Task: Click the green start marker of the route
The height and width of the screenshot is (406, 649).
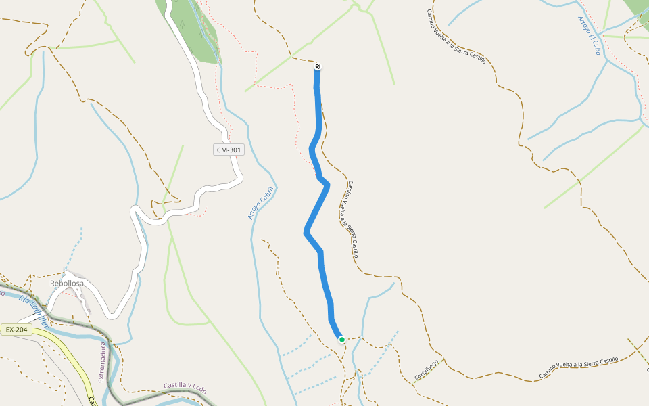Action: tap(342, 340)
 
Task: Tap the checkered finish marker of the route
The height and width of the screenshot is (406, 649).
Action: tap(318, 66)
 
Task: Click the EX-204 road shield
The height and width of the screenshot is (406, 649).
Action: tap(16, 330)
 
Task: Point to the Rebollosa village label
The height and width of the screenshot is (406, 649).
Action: tap(67, 284)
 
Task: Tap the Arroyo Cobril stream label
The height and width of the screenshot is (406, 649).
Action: tap(260, 203)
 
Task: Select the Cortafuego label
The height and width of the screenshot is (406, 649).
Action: tap(427, 369)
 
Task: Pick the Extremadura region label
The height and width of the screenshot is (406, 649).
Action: tap(103, 362)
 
